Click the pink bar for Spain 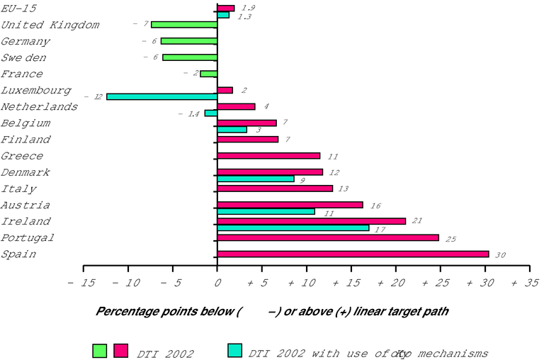[x=353, y=254]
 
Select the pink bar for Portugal [x=328, y=237]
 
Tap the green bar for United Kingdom [x=184, y=24]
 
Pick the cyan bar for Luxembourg [x=161, y=96]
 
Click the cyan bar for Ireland [x=293, y=228]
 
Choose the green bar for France [x=208, y=74]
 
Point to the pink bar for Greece [x=268, y=155]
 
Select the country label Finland [x=25, y=139]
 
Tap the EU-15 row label [x=18, y=9]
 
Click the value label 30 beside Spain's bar [x=500, y=255]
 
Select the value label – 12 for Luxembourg [x=93, y=96]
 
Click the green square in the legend [x=99, y=350]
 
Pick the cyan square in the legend [x=235, y=350]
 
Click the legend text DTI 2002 [x=166, y=353]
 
